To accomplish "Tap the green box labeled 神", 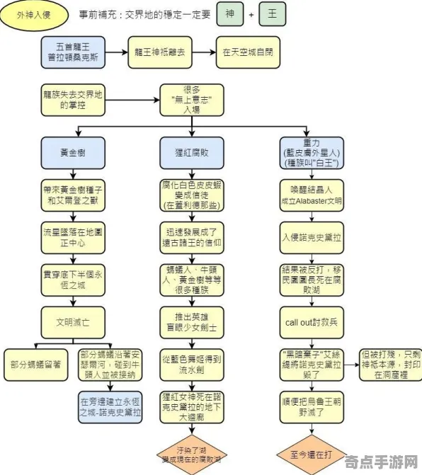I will click(229, 14).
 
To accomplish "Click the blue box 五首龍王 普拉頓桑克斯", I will click(73, 52).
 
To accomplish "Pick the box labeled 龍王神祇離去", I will click(160, 52).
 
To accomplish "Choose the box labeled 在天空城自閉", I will click(247, 52).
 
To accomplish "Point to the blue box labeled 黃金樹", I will click(73, 151).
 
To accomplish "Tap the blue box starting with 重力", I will click(310, 151).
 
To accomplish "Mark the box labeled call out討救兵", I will click(310, 321).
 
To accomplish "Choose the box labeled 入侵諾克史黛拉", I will click(310, 236).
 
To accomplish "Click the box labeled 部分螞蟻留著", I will click(35, 364).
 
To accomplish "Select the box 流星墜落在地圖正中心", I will click(73, 236).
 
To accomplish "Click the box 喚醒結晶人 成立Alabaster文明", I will click(310, 194).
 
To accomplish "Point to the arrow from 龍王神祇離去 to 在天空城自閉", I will click(204, 52).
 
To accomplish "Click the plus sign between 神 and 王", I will click(251, 14).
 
